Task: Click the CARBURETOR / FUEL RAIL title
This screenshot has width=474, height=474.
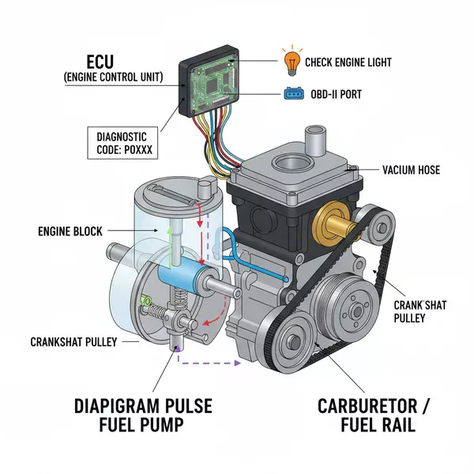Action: pos(375,417)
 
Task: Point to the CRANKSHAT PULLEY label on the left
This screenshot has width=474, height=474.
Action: pos(70,342)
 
